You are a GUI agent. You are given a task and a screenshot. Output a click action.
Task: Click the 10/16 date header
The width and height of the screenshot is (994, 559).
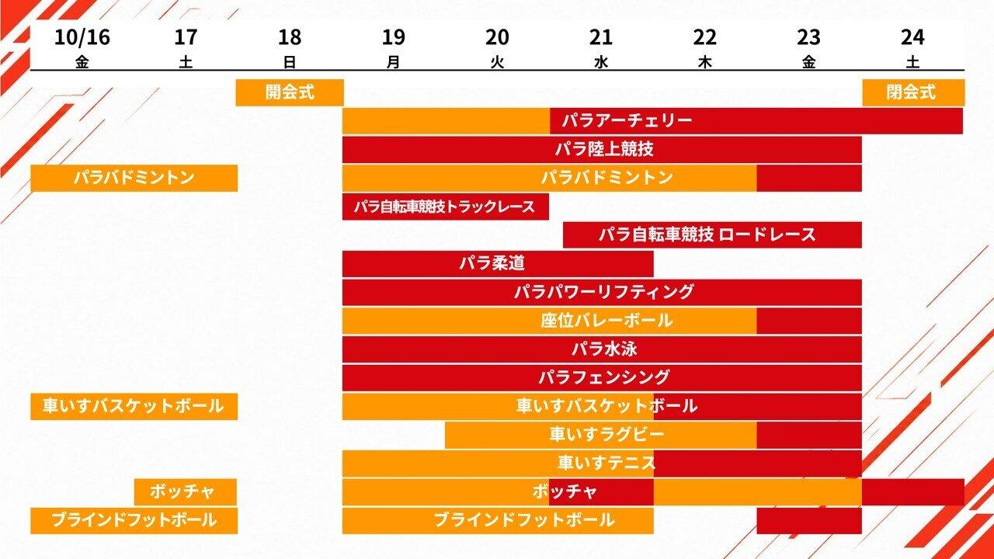point(82,37)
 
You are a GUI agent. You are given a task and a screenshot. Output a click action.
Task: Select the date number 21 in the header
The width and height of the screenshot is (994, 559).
point(601,37)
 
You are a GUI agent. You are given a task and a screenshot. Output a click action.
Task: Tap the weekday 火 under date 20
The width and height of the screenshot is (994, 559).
point(497,63)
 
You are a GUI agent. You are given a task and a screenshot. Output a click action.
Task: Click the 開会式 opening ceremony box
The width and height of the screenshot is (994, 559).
point(290,92)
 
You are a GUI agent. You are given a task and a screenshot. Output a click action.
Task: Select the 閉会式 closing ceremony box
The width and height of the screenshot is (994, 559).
point(913,92)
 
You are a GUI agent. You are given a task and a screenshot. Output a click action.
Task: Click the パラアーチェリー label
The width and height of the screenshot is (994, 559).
point(627,120)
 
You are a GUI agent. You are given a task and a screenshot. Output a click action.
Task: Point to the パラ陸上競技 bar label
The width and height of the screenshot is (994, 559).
point(604,149)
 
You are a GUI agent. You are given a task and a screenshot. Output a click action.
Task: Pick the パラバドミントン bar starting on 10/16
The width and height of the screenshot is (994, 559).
point(134,178)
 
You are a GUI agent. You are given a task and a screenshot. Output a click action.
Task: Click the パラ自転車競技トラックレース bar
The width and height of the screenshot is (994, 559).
point(446,207)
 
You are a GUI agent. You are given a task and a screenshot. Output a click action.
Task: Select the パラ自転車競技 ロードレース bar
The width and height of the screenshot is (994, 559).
point(712,234)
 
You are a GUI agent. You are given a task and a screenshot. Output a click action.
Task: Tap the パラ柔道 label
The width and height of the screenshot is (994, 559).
point(492,263)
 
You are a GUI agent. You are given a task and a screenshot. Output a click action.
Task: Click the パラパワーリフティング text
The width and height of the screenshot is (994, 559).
point(603,293)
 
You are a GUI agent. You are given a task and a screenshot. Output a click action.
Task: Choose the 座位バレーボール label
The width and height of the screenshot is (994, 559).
point(606,321)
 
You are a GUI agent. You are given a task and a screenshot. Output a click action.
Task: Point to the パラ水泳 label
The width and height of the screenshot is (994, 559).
point(604,349)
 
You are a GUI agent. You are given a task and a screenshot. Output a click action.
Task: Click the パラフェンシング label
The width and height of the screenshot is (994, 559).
point(603,377)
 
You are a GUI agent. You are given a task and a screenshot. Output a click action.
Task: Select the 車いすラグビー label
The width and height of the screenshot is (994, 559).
point(606,435)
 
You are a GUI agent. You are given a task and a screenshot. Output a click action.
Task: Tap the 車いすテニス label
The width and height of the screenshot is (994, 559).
point(606,464)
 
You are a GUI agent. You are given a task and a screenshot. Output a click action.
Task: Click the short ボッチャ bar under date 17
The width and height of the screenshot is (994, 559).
point(186,492)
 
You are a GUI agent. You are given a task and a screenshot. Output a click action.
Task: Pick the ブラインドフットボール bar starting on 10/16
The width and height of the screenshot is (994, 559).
point(134,521)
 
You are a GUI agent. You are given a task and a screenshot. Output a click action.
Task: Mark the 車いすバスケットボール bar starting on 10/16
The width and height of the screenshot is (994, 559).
point(134,406)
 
